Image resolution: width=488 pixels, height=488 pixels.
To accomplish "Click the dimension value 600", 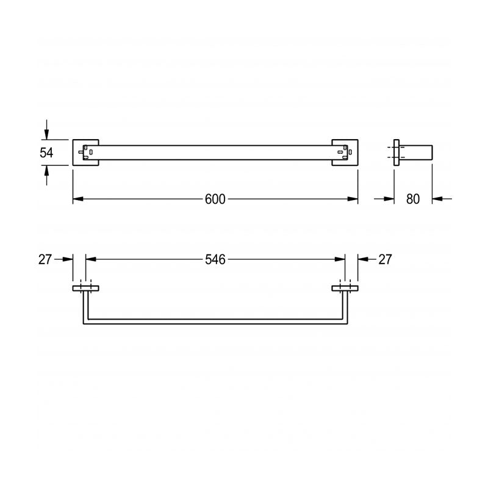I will tap(215, 199).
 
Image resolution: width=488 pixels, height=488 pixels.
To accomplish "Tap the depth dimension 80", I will tap(413, 199).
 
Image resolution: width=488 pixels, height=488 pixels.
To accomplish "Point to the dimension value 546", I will tap(215, 259).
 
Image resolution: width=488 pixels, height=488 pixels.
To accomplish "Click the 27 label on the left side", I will tap(45, 259).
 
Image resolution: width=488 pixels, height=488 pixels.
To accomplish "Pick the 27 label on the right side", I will tap(385, 259).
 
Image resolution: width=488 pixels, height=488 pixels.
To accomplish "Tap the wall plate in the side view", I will tap(396, 153).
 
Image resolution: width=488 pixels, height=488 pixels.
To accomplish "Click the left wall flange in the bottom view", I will tap(86, 287).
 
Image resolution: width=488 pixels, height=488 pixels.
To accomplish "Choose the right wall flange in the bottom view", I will tap(345, 287).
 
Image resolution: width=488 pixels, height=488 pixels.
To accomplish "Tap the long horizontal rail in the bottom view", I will tap(215, 321).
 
